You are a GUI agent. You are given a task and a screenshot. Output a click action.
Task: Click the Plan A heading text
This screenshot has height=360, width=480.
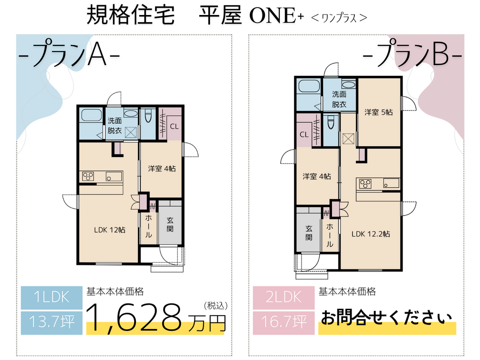pyautogui.click(x=69, y=55)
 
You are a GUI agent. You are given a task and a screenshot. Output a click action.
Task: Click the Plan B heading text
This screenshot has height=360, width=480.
pyautogui.click(x=412, y=55)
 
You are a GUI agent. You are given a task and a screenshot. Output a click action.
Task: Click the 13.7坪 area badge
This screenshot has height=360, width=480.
pyautogui.click(x=52, y=322)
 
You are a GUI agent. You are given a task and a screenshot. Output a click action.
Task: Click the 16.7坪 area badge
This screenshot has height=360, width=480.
pyautogui.click(x=284, y=322)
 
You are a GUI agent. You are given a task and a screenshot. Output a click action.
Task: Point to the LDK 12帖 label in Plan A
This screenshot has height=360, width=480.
pyautogui.click(x=110, y=230)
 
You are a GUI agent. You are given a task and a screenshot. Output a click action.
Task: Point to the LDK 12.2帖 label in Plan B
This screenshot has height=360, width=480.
pyautogui.click(x=371, y=234)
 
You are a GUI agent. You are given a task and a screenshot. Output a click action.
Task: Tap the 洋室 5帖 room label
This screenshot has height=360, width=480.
pyautogui.click(x=378, y=112)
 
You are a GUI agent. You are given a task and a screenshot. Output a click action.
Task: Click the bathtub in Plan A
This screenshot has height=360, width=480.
pyautogui.click(x=91, y=115)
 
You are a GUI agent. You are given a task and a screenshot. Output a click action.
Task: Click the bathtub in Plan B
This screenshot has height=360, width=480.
pyautogui.click(x=309, y=86)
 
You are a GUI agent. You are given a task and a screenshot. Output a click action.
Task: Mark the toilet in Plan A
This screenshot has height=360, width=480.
pyautogui.click(x=148, y=115)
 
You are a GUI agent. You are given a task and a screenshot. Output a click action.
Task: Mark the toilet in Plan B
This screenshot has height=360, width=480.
pyautogui.click(x=330, y=122)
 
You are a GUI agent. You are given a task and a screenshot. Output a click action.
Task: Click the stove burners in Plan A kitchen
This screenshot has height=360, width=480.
pyautogui.click(x=88, y=177)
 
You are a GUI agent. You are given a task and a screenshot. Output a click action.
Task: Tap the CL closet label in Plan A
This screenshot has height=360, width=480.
pyautogui.click(x=174, y=127)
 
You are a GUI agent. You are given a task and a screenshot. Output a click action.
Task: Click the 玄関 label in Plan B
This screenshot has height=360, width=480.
pyautogui.click(x=309, y=232)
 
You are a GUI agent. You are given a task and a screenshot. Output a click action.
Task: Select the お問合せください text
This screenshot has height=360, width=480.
pyautogui.click(x=386, y=317)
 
